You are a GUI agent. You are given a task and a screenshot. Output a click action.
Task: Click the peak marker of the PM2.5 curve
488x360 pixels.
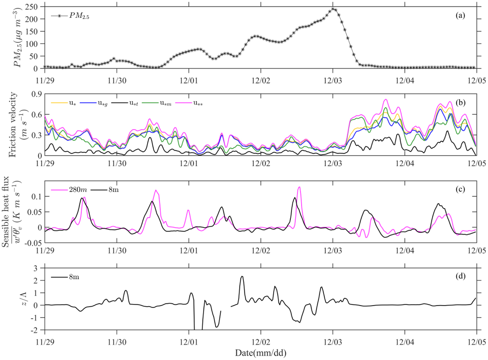[333, 9]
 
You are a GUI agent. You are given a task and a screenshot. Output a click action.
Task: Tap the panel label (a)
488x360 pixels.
[460, 15]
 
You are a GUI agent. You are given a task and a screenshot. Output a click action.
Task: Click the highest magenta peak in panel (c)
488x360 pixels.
[299, 187]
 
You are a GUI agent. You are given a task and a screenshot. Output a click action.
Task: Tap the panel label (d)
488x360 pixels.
[460, 276]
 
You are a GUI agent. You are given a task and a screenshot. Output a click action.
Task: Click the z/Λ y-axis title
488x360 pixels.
[24, 299]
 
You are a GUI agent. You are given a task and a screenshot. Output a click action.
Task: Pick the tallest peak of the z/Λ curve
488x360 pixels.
[242, 276]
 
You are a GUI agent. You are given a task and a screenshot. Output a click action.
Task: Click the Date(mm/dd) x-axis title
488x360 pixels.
[261, 353]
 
